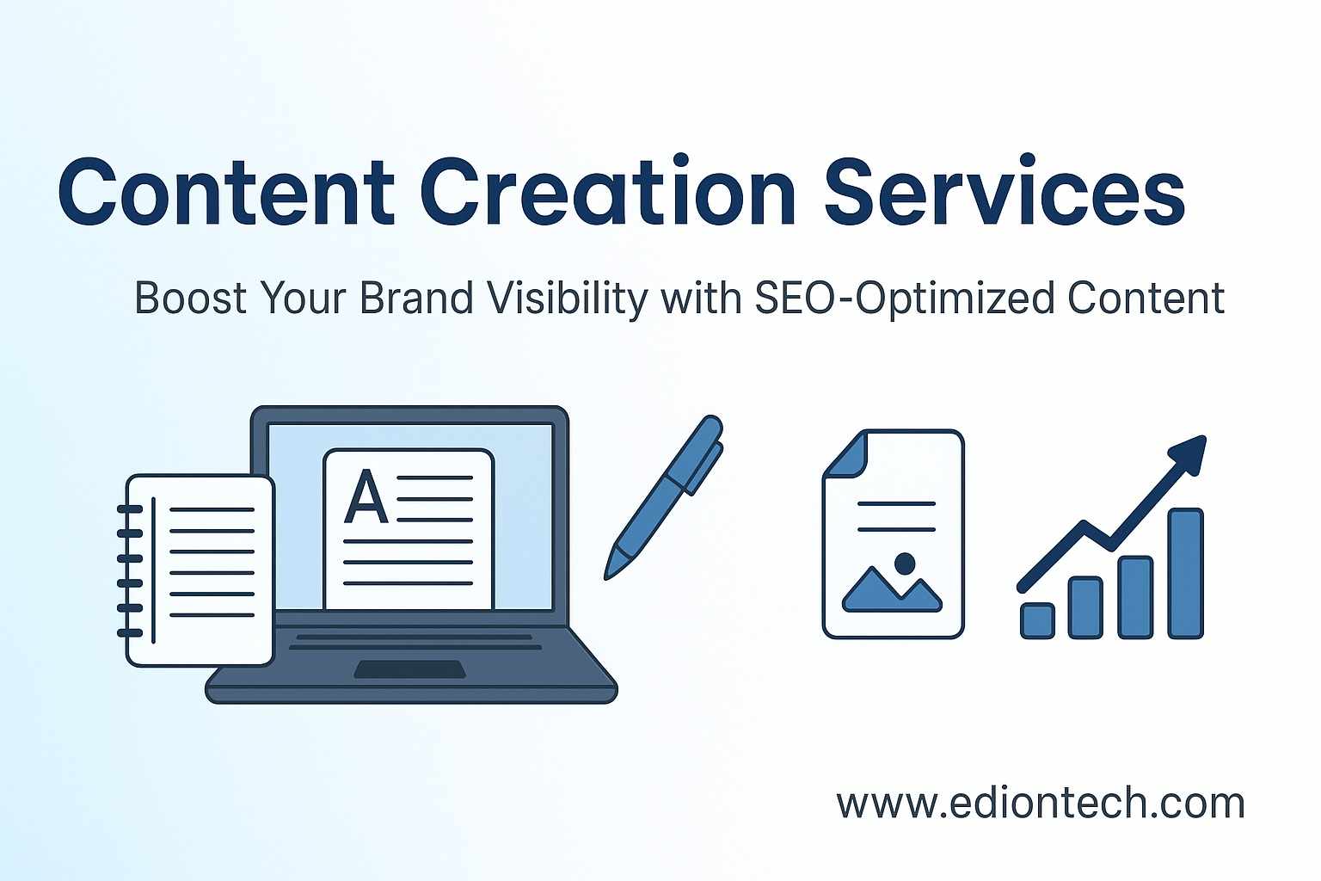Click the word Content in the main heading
click(x=226, y=191)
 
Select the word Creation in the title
click(x=608, y=191)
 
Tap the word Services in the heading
click(x=1004, y=191)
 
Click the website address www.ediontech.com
click(x=1041, y=803)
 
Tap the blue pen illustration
click(x=664, y=496)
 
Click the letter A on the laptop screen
click(x=366, y=497)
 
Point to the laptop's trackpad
click(x=410, y=669)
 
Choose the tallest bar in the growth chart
click(x=1185, y=573)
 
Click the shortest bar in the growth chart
click(x=1037, y=620)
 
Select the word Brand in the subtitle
click(x=416, y=299)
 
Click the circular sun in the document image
click(x=904, y=564)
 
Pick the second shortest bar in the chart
click(x=1085, y=607)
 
